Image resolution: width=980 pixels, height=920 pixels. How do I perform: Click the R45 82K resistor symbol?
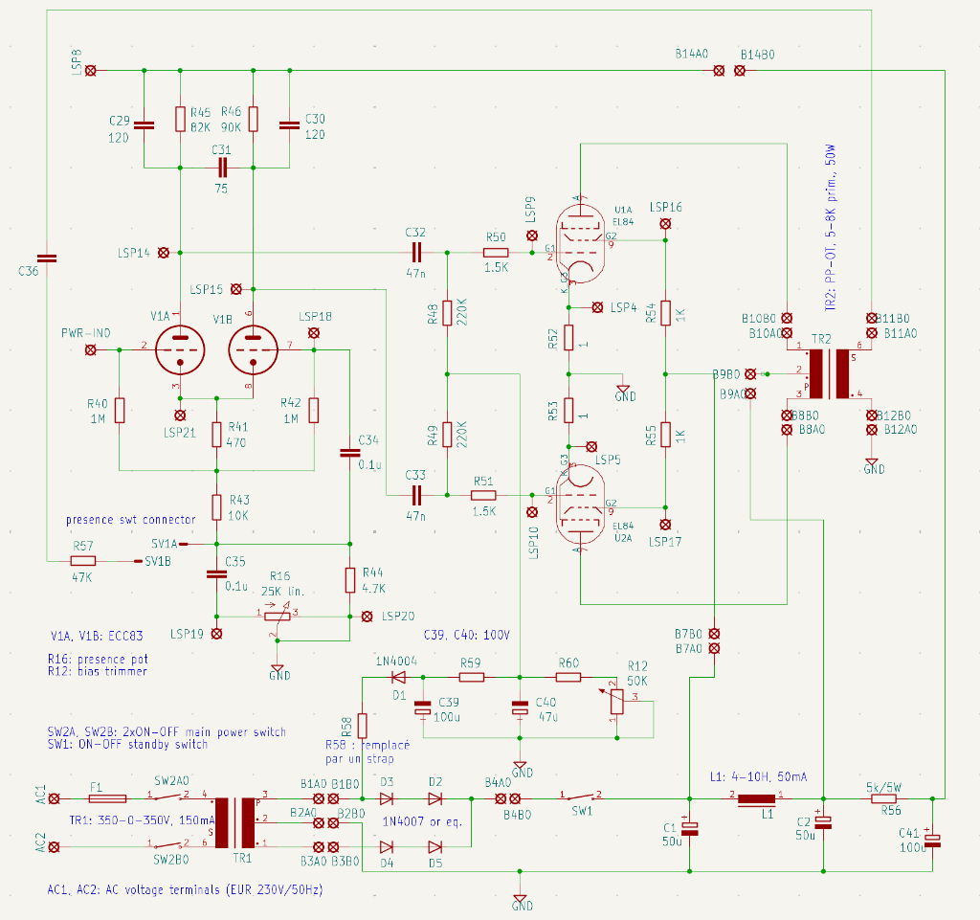(180, 119)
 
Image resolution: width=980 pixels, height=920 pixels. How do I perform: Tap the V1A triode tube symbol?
(179, 349)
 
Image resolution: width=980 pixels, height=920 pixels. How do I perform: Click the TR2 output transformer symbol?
(829, 373)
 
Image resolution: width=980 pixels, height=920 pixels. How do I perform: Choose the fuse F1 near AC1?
(106, 797)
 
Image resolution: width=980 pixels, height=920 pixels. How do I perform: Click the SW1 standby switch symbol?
(582, 797)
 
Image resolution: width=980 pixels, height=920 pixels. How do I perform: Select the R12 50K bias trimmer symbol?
(614, 702)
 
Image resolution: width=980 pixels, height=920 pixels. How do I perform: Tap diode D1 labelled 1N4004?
(399, 678)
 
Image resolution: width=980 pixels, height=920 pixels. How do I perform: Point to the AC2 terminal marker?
(55, 846)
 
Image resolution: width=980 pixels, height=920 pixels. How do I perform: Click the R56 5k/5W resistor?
(882, 798)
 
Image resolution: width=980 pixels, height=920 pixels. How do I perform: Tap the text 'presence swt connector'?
(130, 520)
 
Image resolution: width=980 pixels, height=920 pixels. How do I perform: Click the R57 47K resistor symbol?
(83, 561)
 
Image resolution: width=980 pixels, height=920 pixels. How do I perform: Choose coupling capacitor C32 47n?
(415, 253)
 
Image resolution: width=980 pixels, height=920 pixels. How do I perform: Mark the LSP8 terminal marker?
(91, 71)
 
